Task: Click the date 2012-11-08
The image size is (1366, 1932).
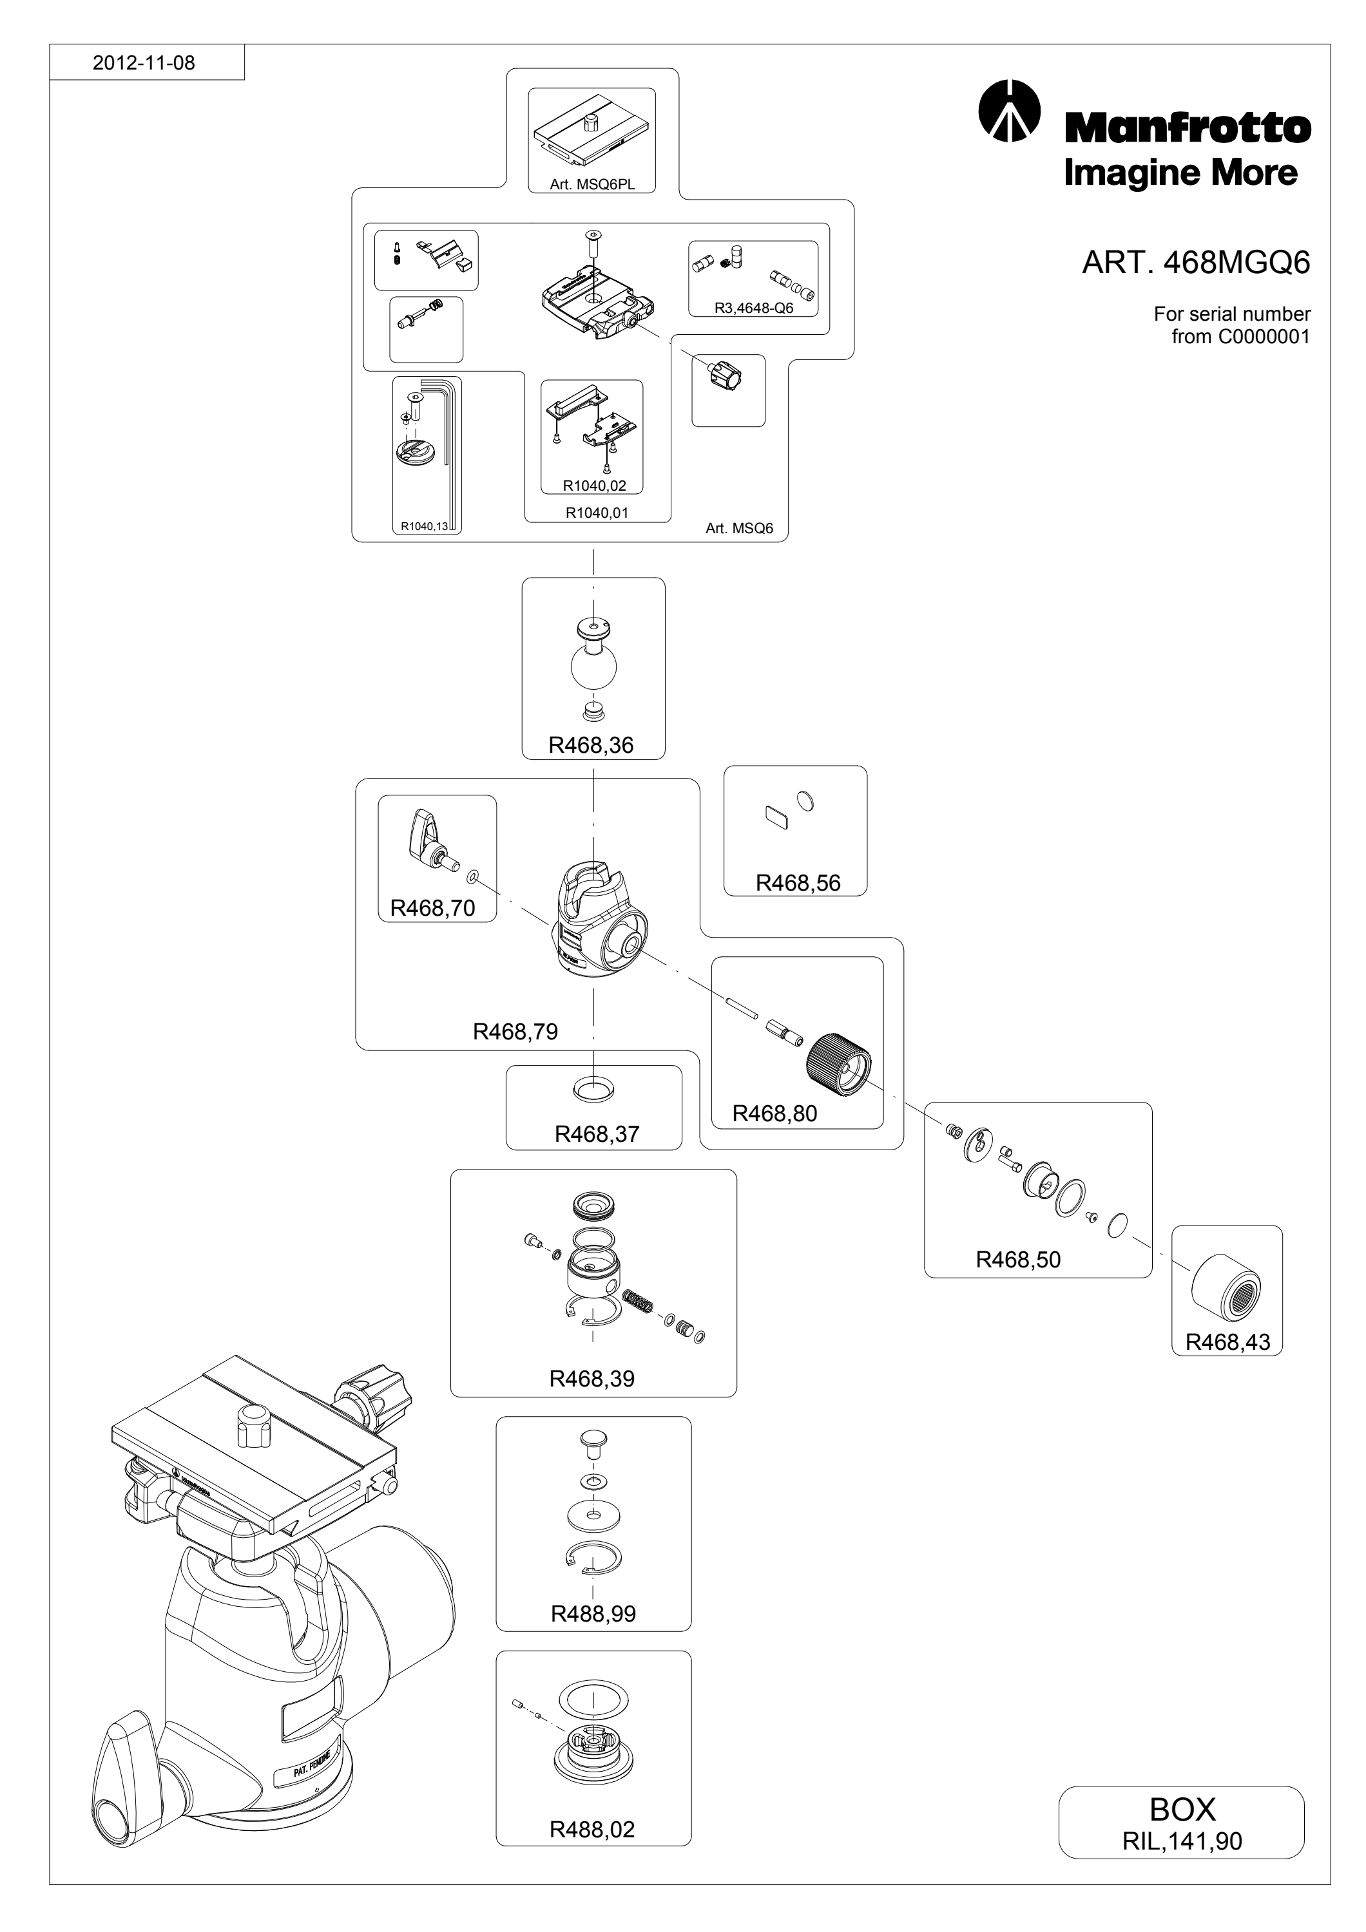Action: point(144,63)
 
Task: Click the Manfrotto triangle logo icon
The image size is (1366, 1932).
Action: point(1009,110)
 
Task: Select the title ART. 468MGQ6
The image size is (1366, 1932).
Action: point(1195,263)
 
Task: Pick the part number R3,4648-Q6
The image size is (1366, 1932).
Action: point(753,308)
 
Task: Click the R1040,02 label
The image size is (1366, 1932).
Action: point(594,486)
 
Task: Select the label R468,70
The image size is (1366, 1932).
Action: point(432,908)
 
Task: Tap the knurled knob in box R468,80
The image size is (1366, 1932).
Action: point(838,1064)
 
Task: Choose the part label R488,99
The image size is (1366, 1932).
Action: point(593,1613)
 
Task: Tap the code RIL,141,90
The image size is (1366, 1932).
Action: point(1182,1841)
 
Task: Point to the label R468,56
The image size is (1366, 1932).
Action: point(798,883)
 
